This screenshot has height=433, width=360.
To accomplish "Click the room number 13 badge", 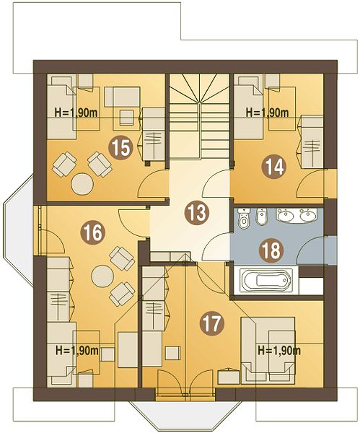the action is [197, 213].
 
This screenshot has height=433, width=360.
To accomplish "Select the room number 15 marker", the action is [120, 148].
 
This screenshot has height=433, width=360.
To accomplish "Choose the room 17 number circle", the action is [212, 323].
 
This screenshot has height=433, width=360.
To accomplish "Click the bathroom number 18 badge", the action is [271, 250].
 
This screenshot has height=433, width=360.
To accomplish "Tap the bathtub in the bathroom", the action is [266, 281].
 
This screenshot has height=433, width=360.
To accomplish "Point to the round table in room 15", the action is [82, 184].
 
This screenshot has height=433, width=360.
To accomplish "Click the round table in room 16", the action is [102, 276].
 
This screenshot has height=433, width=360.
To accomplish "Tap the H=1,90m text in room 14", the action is [267, 113].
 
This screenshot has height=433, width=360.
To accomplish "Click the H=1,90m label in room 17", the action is [279, 351].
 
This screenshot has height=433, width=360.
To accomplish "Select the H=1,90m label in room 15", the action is [76, 113].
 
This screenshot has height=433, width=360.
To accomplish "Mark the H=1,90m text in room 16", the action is [77, 351].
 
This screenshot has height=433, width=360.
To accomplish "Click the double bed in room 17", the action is [268, 351].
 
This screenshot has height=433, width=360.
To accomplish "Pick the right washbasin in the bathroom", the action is [308, 215].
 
